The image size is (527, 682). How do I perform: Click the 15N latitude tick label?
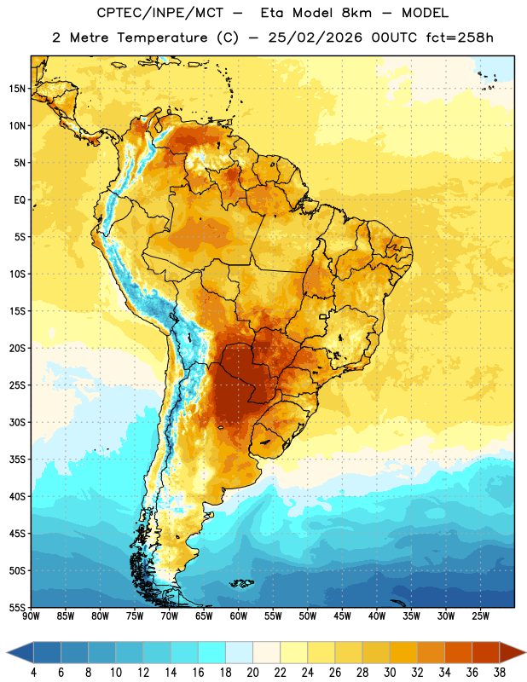(x=17, y=89)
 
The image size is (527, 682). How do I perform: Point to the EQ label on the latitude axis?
(x=20, y=200)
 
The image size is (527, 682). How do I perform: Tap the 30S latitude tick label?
(x=17, y=422)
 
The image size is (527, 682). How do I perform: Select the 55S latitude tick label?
(x=17, y=608)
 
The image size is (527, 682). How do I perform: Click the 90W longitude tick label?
(x=31, y=616)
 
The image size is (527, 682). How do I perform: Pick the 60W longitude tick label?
(x=239, y=616)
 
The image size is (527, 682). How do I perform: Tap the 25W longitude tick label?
(x=480, y=616)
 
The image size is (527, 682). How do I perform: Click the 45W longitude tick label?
(x=342, y=616)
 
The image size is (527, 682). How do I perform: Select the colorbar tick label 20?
(x=252, y=673)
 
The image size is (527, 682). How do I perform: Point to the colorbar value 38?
(x=500, y=673)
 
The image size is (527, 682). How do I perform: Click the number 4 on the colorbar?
(x=33, y=673)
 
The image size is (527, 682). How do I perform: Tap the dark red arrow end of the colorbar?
(x=513, y=652)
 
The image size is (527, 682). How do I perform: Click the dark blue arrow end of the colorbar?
(x=20, y=652)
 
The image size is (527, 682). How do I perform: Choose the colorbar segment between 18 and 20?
(x=239, y=652)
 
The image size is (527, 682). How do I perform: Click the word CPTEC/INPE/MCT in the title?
(x=159, y=13)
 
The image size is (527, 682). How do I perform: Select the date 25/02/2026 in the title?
(x=315, y=38)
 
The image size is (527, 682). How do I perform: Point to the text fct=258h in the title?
(x=460, y=38)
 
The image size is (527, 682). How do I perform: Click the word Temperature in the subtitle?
(x=162, y=38)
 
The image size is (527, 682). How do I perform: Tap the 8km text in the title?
(x=356, y=13)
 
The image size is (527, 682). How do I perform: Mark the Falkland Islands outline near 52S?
(x=241, y=583)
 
